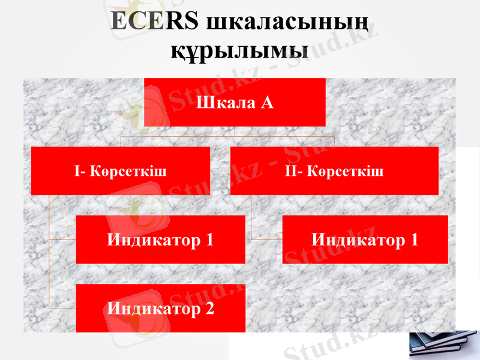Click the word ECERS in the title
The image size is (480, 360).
coord(154,21)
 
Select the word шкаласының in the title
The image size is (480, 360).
coord(286,22)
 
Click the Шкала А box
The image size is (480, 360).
coord(235,102)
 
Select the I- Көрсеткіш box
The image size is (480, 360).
coord(120,171)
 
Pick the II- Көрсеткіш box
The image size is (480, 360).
coord(334,171)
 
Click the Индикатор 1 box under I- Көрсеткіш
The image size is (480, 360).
coord(160,240)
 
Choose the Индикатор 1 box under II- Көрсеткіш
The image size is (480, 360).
coord(365,240)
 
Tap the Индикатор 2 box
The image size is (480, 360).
coord(160,309)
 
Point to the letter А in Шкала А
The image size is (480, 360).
coord(267,103)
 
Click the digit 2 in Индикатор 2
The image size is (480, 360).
coord(209,310)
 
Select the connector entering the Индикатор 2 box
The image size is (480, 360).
coord(62,308)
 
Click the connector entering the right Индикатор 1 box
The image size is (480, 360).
coord(267,239)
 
